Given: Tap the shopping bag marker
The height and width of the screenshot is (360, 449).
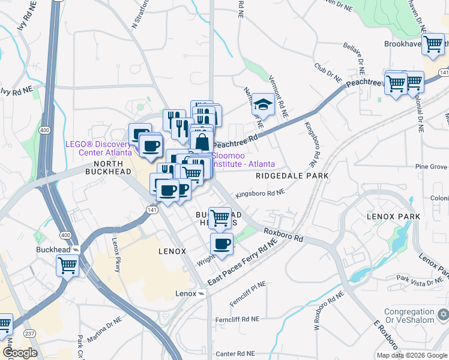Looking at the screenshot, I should (202, 143).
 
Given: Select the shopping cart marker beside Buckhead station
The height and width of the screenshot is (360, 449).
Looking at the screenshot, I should (68, 264).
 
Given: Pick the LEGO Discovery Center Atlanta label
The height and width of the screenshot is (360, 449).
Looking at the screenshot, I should (98, 147).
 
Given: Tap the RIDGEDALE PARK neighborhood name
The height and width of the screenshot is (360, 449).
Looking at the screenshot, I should (292, 176).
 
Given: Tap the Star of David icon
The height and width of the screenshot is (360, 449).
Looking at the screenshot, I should (444, 314).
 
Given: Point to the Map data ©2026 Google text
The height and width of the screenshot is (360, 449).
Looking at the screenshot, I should (411, 355).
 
